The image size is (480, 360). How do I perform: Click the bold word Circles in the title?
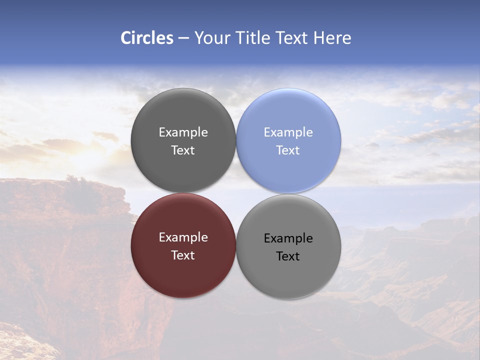pos(147,38)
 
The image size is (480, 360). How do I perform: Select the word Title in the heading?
pos(253,38)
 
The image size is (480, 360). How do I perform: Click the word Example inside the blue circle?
pos(288,132)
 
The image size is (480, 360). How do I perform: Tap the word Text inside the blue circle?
pos(288,150)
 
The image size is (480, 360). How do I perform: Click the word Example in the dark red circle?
pos(183,237)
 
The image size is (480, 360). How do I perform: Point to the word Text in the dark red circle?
pos(183,255)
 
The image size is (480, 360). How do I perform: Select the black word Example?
pos(288,238)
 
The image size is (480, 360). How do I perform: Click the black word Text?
pos(288,256)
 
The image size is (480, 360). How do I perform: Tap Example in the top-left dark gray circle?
pos(183,132)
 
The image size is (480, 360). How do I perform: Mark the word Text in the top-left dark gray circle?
pos(183,150)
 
